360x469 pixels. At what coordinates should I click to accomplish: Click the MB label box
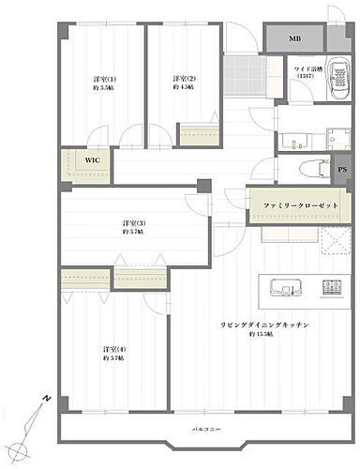(294, 38)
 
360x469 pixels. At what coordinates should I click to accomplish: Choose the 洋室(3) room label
(132, 222)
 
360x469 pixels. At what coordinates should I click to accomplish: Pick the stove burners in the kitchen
(332, 287)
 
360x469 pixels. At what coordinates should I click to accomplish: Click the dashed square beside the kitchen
(335, 242)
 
